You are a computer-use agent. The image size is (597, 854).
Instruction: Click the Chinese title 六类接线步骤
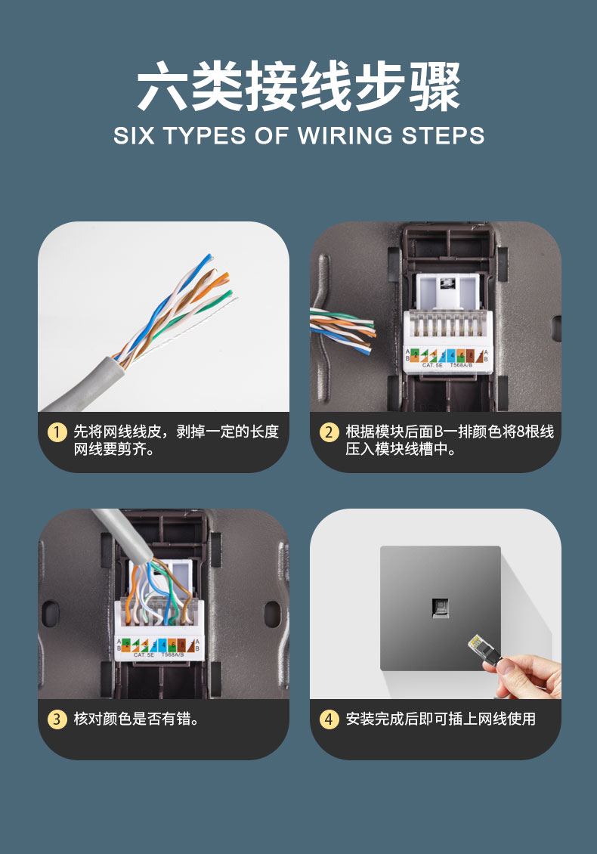pyautogui.click(x=298, y=87)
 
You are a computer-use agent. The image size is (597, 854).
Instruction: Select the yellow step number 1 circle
pyautogui.click(x=57, y=432)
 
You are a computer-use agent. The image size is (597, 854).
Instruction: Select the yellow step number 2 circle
pyautogui.click(x=329, y=432)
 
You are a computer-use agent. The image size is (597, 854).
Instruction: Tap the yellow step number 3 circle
pyautogui.click(x=57, y=719)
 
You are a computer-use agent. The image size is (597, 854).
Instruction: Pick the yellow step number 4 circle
pyautogui.click(x=329, y=719)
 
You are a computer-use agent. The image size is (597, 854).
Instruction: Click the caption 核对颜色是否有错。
pyautogui.click(x=136, y=719)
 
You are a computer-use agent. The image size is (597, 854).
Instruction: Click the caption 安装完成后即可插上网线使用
pyautogui.click(x=441, y=719)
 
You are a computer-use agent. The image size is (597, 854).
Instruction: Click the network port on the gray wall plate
pyautogui.click(x=440, y=607)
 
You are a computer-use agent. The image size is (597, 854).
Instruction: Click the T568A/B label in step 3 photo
pyautogui.click(x=172, y=654)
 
